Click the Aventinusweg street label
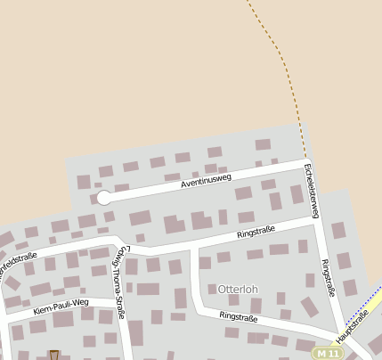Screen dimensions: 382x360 [206, 181]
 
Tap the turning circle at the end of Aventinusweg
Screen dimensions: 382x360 [104, 198]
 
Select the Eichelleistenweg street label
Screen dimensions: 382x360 [312, 190]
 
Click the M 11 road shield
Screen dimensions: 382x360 [327, 354]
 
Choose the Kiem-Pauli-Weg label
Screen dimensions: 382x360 [61, 307]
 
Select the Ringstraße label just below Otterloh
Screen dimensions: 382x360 [239, 316]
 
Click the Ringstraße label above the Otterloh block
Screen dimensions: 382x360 [256, 233]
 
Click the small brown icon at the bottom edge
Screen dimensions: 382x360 [54, 355]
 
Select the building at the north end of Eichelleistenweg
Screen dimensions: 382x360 [263, 144]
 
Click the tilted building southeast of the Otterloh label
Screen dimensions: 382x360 [309, 307]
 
